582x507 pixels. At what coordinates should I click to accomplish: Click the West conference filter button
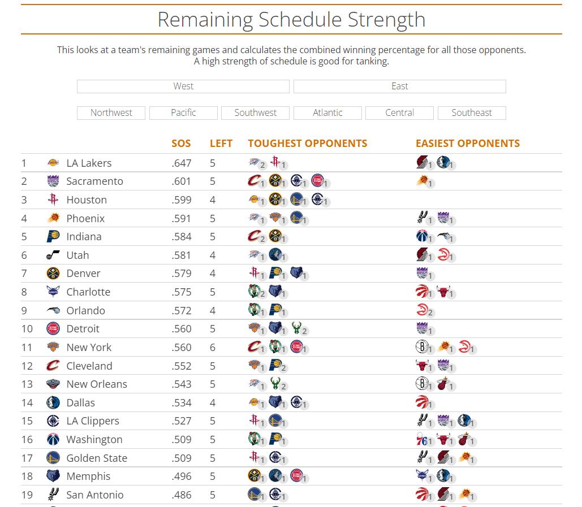point(183,86)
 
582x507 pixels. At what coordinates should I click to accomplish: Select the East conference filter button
point(400,86)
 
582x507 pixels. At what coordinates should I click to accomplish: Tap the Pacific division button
point(183,112)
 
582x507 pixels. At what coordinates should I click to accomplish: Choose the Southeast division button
point(472,112)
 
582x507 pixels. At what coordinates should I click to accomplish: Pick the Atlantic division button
point(327,112)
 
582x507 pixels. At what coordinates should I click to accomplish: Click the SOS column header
point(181,144)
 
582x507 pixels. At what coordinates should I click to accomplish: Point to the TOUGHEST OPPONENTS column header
point(308,144)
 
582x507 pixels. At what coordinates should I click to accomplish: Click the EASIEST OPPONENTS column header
point(468,144)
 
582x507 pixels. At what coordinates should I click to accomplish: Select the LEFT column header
point(221,144)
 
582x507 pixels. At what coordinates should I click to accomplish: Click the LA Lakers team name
point(89,163)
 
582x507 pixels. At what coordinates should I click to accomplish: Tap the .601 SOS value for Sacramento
point(182,181)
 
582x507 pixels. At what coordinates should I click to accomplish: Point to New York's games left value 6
point(213,348)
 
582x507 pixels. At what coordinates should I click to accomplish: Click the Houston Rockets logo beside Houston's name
point(53,200)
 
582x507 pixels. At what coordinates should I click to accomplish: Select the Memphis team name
point(88,476)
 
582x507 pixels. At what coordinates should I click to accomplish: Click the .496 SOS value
point(182,476)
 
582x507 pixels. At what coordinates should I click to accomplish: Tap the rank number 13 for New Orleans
point(27,384)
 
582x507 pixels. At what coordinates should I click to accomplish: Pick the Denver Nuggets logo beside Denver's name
point(53,274)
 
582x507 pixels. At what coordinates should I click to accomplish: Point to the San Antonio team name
point(95,495)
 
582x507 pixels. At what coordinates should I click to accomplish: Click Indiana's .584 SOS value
point(182,237)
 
